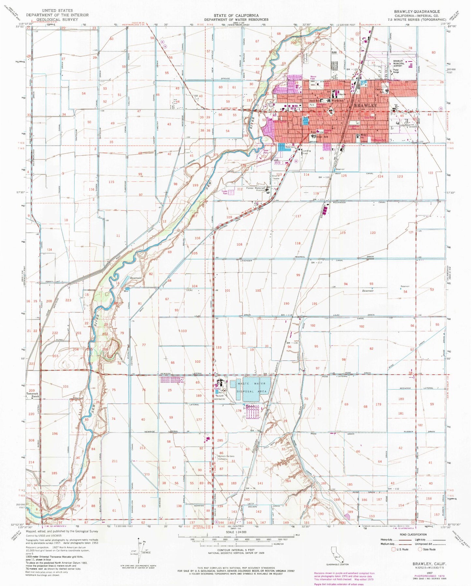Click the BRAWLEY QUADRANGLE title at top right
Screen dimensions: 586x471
click(417, 11)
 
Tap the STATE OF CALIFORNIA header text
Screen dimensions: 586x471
click(236, 15)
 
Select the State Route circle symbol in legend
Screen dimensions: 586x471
click(420, 549)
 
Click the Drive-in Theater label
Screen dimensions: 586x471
click(276, 177)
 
